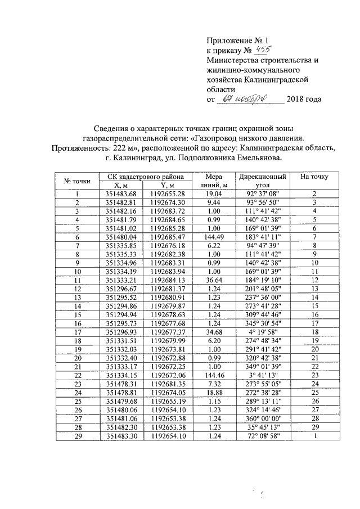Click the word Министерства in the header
(231, 60)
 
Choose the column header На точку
(314, 177)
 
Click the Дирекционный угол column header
(263, 181)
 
